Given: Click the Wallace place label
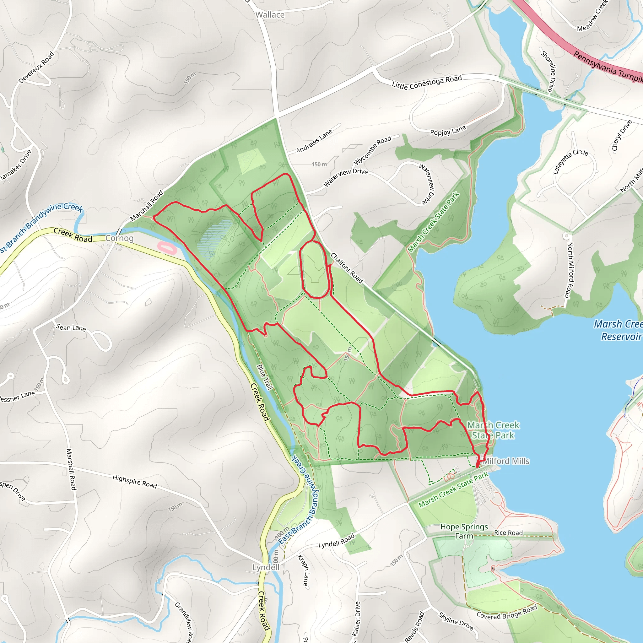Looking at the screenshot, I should [x=270, y=15].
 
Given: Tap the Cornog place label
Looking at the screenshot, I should [x=120, y=238].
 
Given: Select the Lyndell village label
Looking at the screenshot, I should [x=266, y=567].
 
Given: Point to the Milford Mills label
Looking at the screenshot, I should [x=505, y=461].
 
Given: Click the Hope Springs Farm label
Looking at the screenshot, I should [x=464, y=531].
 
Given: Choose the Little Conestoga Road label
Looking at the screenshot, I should [x=427, y=82].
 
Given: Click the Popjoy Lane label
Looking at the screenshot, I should [x=448, y=131].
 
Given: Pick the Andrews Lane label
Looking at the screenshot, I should [x=314, y=141].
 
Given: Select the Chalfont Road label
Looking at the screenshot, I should [x=347, y=268].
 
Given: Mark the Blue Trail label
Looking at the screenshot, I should [x=265, y=377].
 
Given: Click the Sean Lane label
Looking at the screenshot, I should [x=71, y=327].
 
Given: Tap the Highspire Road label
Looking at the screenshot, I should [x=134, y=482].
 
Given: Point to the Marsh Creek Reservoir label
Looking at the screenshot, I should [x=618, y=330].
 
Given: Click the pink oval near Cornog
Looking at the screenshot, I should [x=167, y=248].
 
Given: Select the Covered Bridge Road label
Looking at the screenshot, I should [x=506, y=612].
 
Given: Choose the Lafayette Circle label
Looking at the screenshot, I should [x=570, y=161].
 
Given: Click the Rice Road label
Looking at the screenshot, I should [x=508, y=532].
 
